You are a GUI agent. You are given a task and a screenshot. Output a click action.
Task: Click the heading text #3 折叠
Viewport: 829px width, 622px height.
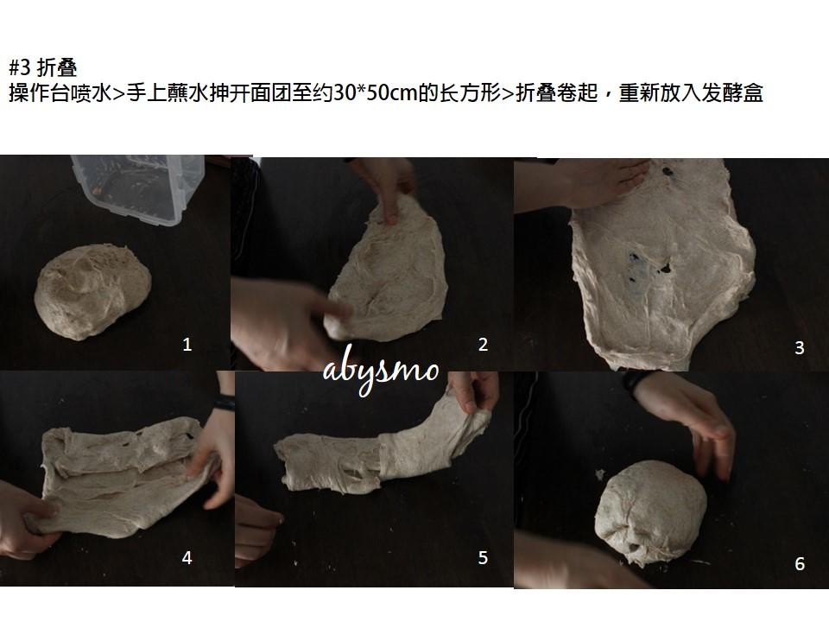tap(43, 67)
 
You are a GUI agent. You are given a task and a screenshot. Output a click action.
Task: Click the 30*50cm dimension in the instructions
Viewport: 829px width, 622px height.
tap(376, 93)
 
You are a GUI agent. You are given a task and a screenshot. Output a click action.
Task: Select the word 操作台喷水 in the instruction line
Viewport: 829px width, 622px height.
tap(60, 93)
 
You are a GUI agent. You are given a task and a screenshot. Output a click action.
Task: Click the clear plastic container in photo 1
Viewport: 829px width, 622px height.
tap(138, 187)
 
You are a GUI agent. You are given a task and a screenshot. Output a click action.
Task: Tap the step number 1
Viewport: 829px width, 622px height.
tap(187, 345)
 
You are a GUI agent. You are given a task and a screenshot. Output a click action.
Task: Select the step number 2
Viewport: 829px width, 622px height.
tap(483, 345)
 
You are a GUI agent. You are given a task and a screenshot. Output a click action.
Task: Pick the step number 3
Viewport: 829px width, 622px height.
tap(800, 348)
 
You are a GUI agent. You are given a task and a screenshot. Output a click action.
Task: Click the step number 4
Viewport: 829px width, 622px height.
tap(187, 558)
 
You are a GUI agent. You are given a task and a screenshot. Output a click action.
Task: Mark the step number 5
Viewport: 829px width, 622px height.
tap(483, 558)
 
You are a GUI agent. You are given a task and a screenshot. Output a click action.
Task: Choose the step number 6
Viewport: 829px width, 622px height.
tap(800, 564)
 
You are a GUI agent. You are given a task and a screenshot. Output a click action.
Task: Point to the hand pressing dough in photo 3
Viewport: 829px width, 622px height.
tap(581, 185)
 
